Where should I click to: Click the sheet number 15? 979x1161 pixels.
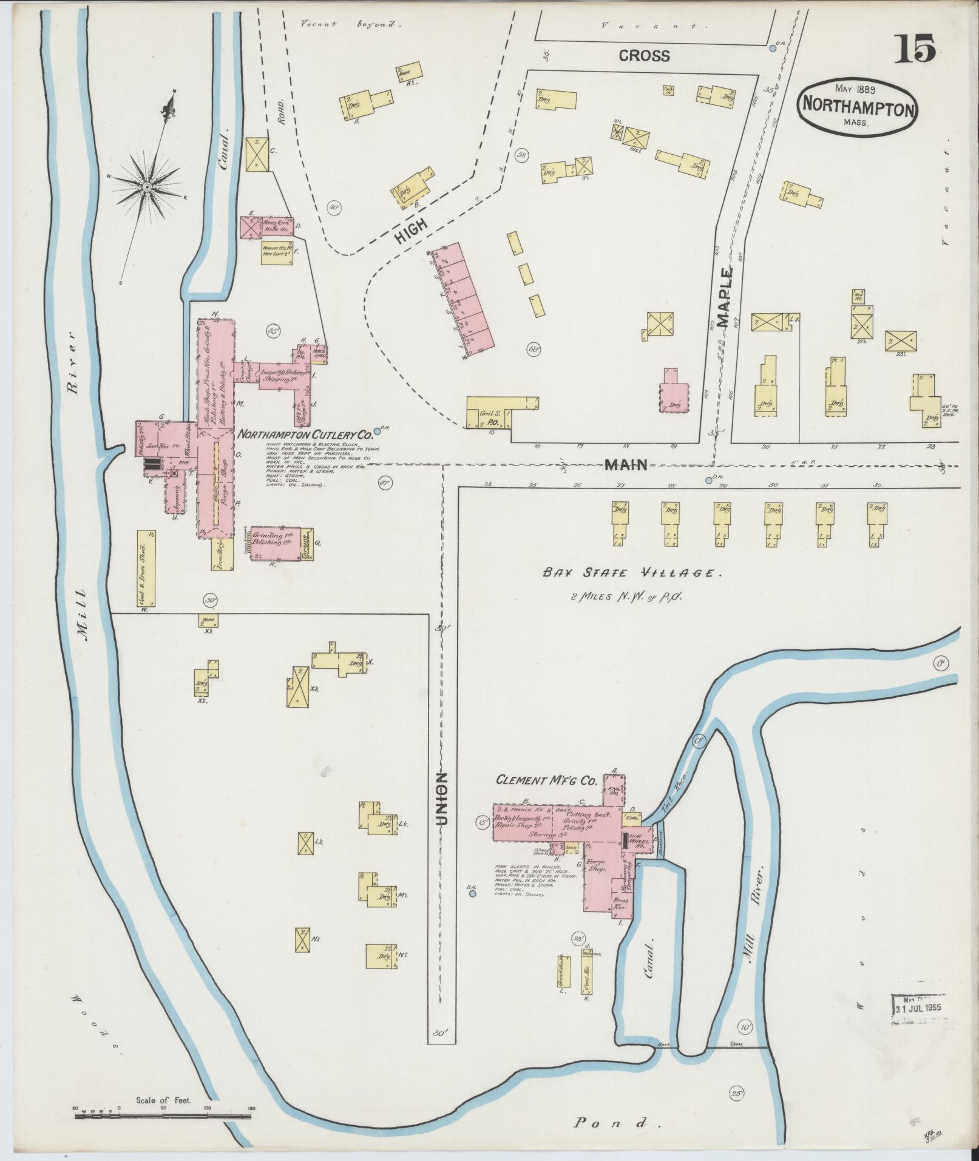point(913,48)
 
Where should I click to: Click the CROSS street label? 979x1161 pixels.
point(644,56)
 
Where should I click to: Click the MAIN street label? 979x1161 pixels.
point(625,465)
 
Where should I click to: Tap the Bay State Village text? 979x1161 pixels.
point(631,572)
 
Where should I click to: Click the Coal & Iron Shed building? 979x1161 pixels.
point(146,568)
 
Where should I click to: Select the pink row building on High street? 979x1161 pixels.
point(459,300)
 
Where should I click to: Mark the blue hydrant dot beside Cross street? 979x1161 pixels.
point(772,48)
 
